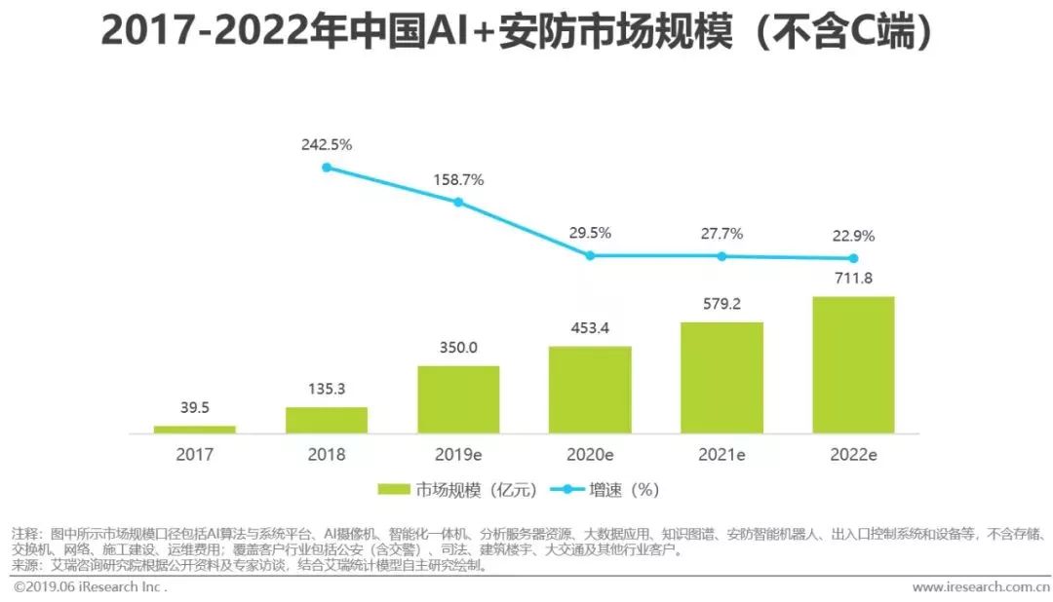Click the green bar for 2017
click(194, 429)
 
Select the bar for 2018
click(326, 420)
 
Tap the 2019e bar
click(458, 399)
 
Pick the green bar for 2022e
click(853, 365)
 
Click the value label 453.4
click(590, 327)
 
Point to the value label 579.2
click(721, 304)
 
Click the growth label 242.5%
click(327, 144)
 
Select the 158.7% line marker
click(458, 202)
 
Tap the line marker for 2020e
click(590, 255)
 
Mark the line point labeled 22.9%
click(853, 258)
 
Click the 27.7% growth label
click(721, 234)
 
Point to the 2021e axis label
click(721, 454)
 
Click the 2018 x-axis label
click(326, 454)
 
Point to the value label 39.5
click(194, 407)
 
